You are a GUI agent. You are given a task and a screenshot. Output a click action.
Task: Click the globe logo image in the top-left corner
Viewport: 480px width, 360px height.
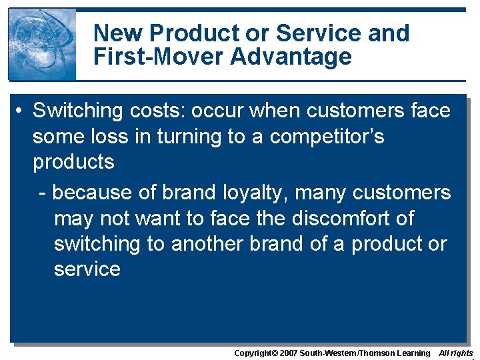(x=41, y=44)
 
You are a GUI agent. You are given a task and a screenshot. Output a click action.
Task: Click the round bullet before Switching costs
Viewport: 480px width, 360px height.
(x=21, y=111)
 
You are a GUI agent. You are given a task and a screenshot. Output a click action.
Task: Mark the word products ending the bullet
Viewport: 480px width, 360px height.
(x=73, y=162)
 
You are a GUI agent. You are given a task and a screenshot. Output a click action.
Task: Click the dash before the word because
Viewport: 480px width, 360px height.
(x=43, y=193)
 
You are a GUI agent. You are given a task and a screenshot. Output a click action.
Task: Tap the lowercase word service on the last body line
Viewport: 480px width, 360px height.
(x=87, y=269)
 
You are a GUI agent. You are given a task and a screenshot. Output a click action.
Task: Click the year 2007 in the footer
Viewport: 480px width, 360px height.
(x=287, y=353)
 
